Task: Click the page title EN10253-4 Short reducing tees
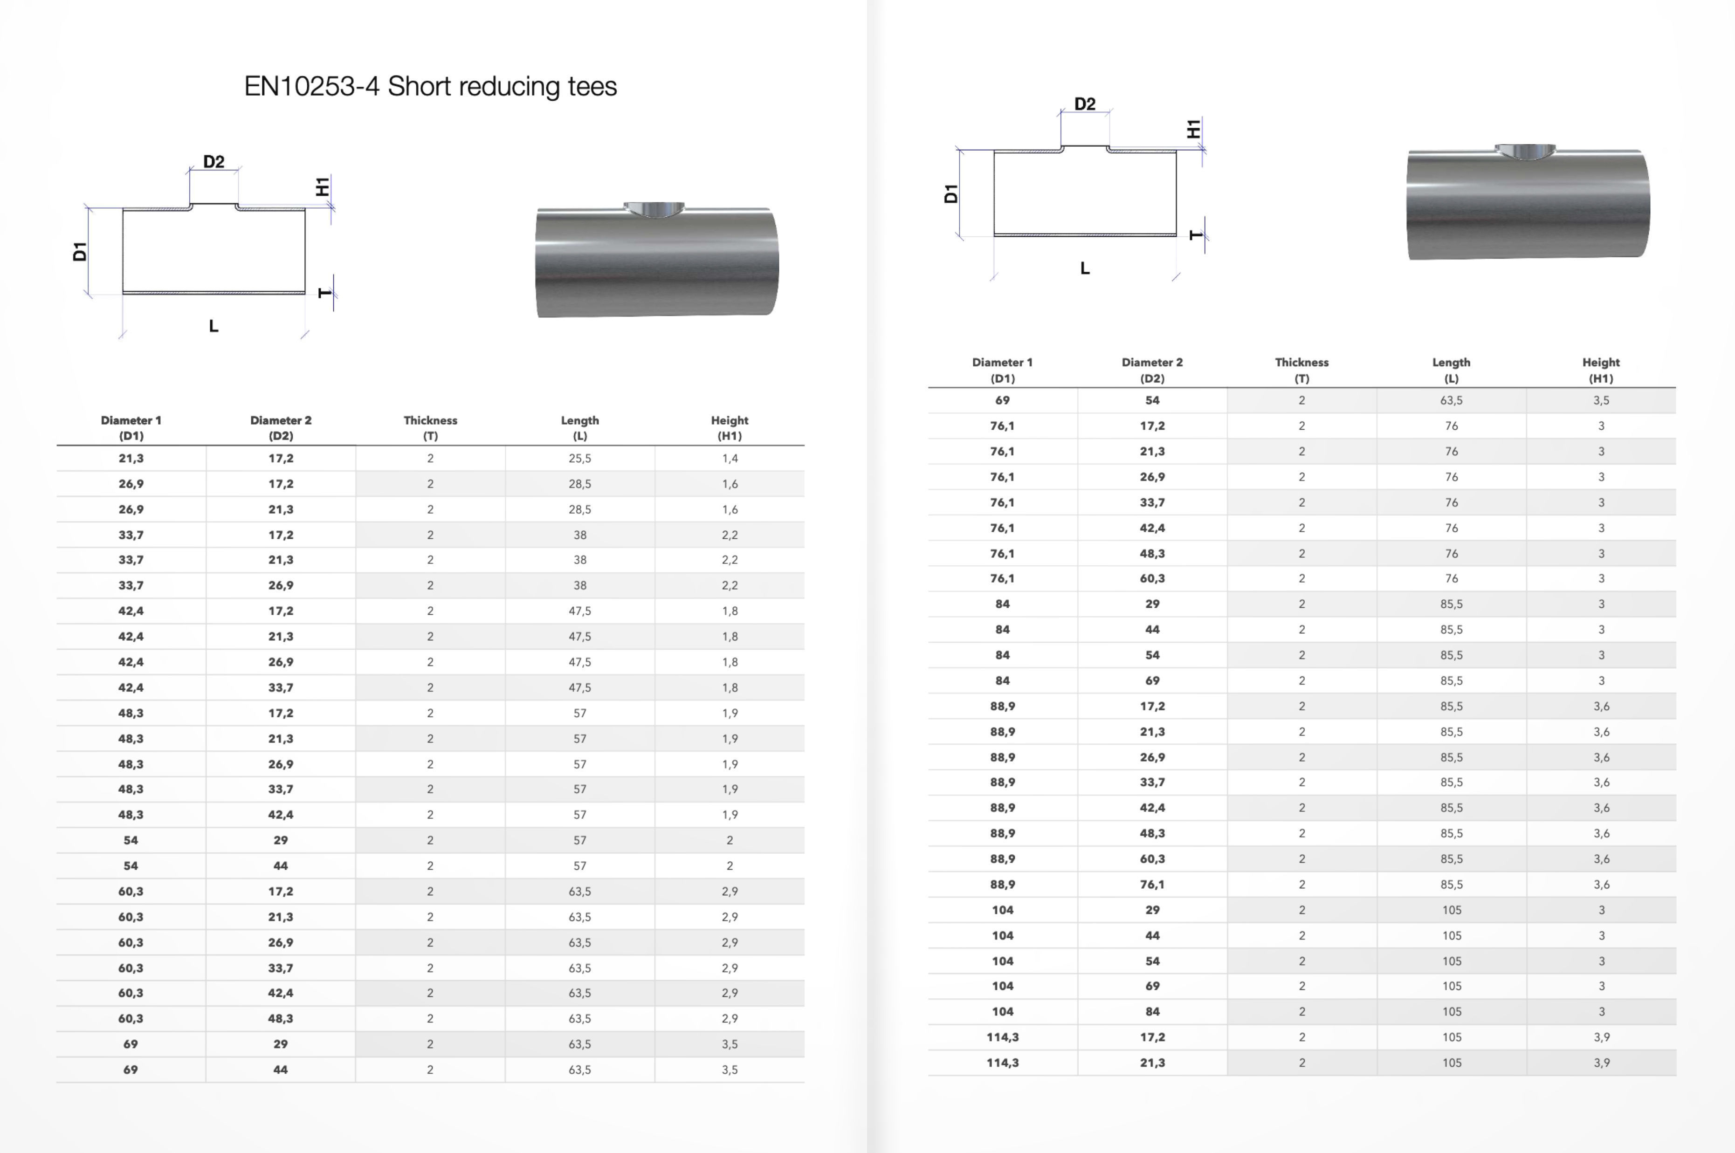430,87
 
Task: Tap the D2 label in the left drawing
213,162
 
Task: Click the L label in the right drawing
1085,268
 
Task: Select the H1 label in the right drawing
1193,130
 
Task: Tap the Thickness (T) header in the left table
430,427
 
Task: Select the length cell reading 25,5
579,458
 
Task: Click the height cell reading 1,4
730,458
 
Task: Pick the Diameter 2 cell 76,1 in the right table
1152,885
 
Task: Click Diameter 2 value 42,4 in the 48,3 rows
280,815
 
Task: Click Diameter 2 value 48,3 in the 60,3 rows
280,1018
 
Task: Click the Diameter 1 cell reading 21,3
131,458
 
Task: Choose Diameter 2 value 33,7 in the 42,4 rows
280,687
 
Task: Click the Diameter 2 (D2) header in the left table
280,427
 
